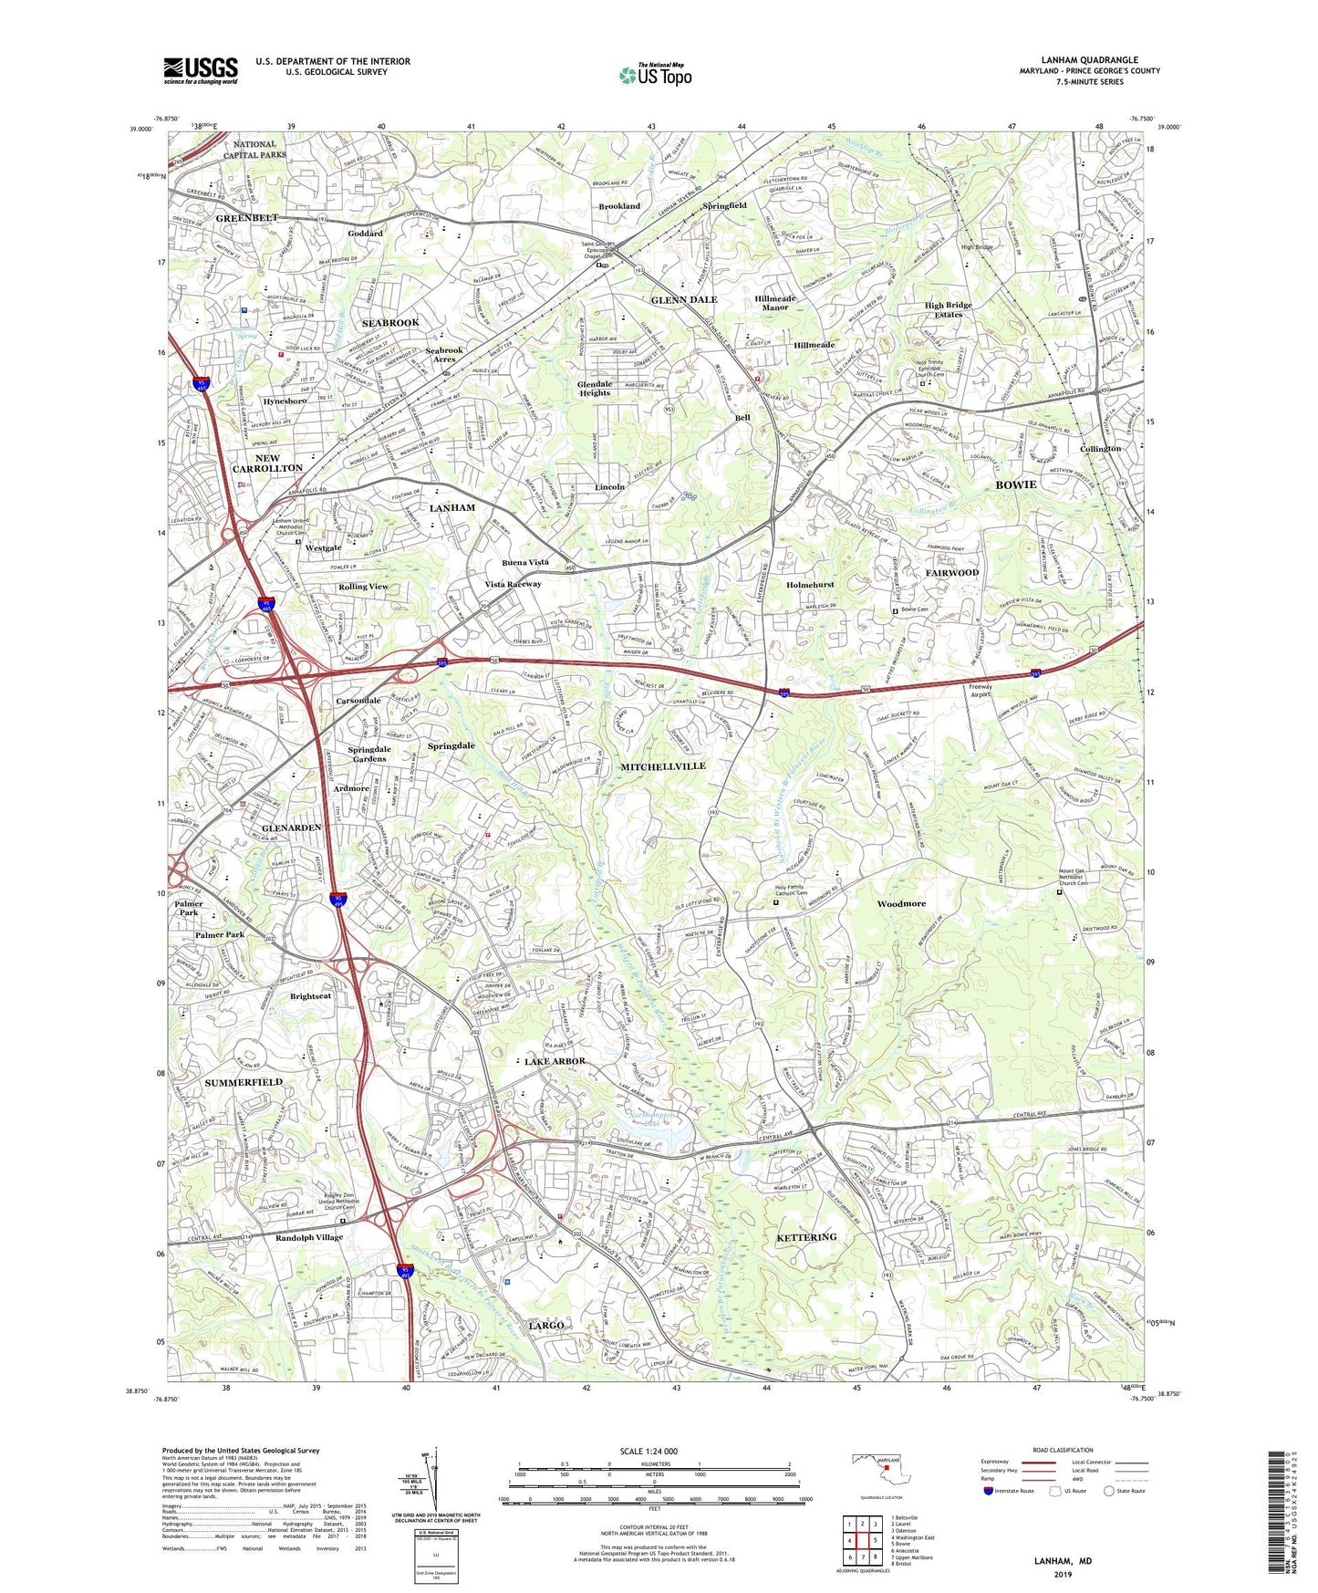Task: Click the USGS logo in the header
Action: coord(201,70)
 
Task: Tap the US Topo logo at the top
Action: coord(655,75)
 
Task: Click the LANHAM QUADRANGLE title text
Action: coord(1088,60)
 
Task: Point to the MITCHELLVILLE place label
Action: coord(663,766)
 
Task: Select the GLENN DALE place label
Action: coord(684,299)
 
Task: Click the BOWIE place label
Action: coord(1015,484)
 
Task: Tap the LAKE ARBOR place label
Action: coord(555,1062)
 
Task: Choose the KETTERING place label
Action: coord(805,1237)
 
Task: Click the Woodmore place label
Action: coord(901,903)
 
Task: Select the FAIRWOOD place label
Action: coord(952,572)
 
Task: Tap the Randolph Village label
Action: coord(309,1238)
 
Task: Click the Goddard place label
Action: coord(365,234)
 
